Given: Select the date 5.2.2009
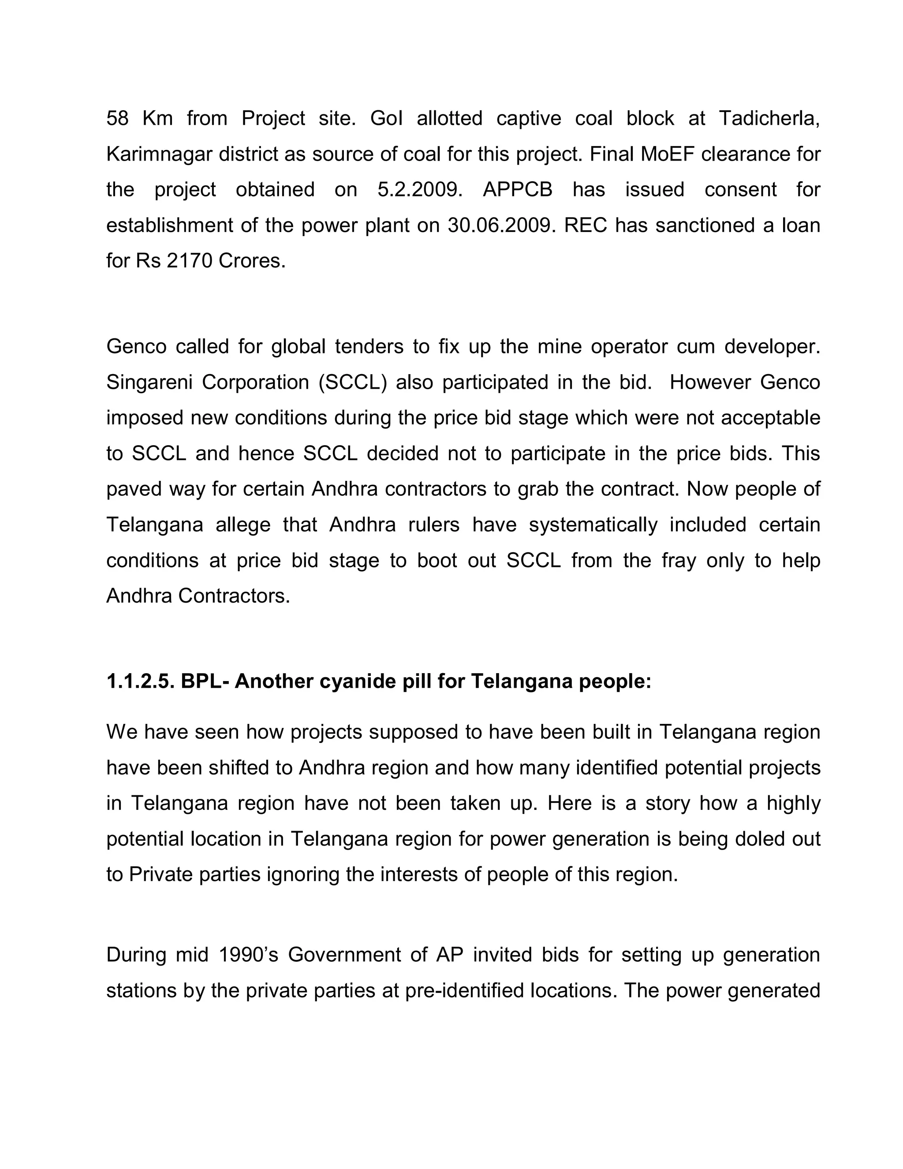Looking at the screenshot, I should [x=420, y=190].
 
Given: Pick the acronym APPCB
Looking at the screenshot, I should [x=517, y=190].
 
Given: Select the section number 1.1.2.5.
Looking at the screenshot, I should [x=140, y=682].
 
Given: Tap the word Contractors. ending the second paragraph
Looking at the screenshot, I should [x=234, y=596].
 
